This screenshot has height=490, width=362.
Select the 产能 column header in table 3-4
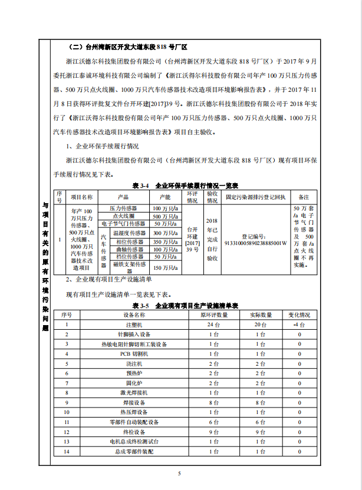(164, 197)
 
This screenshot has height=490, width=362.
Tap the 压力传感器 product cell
(123, 208)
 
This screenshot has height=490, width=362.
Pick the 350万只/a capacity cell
(164, 241)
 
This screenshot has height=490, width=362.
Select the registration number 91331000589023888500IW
(255, 242)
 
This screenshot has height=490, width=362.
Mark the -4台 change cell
(299, 325)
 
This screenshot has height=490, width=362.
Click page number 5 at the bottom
(180, 473)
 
